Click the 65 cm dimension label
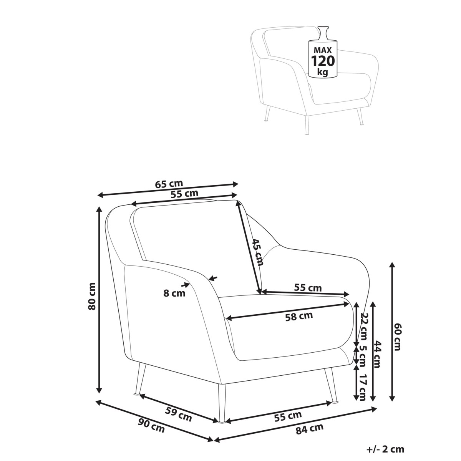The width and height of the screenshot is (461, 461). pyautogui.click(x=169, y=184)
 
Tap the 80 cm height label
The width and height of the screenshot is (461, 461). pyautogui.click(x=92, y=296)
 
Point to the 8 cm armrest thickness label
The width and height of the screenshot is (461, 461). pyautogui.click(x=174, y=293)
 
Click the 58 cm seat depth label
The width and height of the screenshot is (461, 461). pyautogui.click(x=299, y=317)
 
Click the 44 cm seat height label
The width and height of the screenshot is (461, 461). pyautogui.click(x=377, y=354)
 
